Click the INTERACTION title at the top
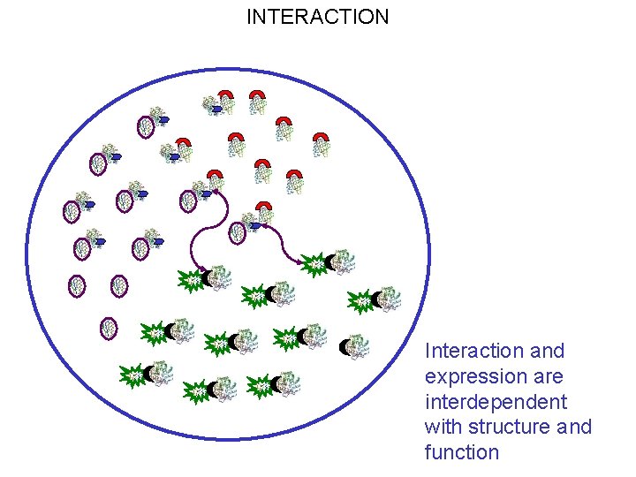317,17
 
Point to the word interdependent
496,402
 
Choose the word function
462,453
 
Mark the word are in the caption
548,376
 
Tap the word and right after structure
574,428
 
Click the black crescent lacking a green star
345,347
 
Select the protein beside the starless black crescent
357,345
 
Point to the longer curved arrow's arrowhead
204,270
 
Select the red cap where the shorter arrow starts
263,208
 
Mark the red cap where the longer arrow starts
215,176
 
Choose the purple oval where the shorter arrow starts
237,232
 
